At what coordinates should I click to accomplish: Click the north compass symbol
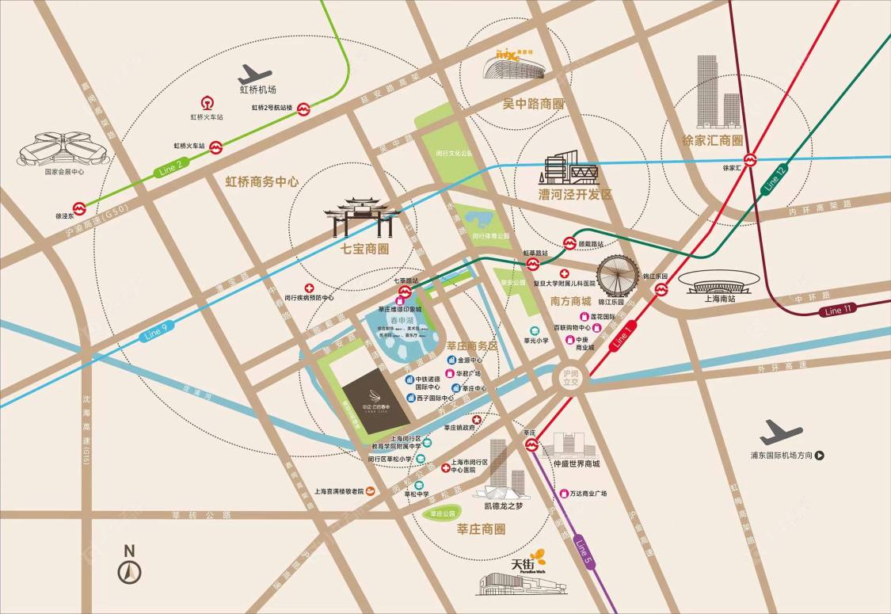pos(129,567)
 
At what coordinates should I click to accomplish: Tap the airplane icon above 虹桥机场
pos(255,74)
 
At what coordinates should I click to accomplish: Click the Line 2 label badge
pos(170,167)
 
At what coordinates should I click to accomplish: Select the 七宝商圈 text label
pos(364,248)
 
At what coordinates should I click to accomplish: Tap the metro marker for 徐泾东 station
pos(78,208)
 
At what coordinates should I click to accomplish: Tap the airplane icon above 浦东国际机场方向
pos(780,433)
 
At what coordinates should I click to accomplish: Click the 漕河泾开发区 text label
pos(575,194)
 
